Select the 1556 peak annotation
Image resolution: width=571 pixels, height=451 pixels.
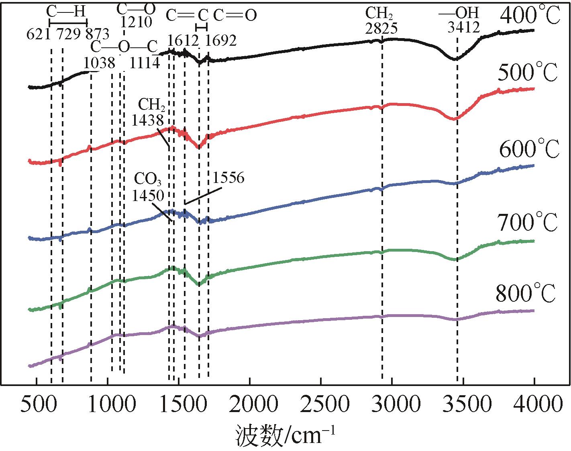pyautogui.click(x=228, y=178)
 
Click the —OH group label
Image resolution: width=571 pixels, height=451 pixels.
pyautogui.click(x=459, y=13)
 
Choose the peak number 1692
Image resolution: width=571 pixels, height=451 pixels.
pyautogui.click(x=220, y=41)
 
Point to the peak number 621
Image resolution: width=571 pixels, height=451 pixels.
pyautogui.click(x=38, y=34)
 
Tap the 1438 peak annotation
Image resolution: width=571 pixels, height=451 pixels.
pyautogui.click(x=148, y=120)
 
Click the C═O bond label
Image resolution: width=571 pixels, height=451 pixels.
pyautogui.click(x=235, y=15)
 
